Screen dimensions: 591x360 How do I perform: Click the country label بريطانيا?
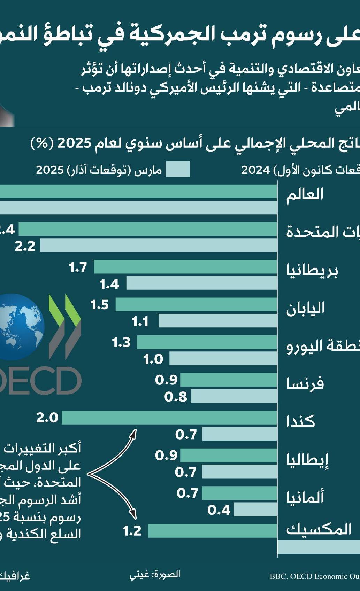point(312,271)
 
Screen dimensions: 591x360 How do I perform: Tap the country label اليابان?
point(305,308)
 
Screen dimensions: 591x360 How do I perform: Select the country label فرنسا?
point(305,383)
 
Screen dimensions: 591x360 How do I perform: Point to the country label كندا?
point(300,421)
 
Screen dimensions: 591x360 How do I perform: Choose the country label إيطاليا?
point(307,460)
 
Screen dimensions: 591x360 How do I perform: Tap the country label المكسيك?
point(319,529)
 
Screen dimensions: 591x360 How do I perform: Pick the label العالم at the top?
point(305,194)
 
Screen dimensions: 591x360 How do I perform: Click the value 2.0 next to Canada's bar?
point(47,418)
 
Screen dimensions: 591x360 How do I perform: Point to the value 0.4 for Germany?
point(219,510)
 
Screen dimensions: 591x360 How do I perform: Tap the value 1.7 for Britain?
point(78,267)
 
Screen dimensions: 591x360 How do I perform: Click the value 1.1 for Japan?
point(140,321)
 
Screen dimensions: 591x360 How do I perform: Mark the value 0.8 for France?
point(176,397)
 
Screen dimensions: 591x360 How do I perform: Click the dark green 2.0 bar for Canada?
point(169,418)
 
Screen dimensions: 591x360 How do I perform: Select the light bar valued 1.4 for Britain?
point(201,283)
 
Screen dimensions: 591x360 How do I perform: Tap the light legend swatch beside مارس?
point(177,169)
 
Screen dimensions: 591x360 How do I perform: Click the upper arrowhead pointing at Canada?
point(134,433)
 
